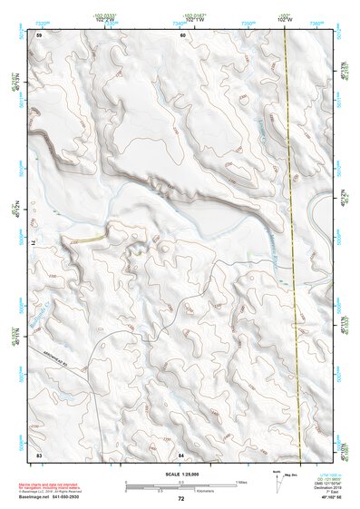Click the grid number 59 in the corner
point(40,34)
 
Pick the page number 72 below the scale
point(181,499)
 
